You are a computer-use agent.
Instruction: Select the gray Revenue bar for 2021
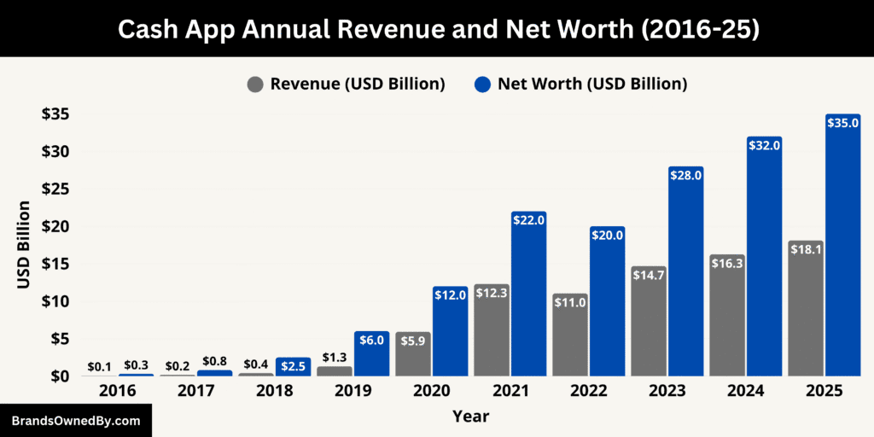492,333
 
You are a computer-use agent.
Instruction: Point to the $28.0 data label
686,175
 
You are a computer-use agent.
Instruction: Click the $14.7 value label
649,275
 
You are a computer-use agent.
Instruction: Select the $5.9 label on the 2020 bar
412,340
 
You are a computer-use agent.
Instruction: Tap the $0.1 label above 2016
99,367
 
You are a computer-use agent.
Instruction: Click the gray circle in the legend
255,84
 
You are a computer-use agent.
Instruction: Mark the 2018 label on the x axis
275,391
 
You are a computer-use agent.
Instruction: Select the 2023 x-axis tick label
667,391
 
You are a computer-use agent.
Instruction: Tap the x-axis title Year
471,417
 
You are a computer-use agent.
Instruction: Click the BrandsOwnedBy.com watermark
75,421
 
